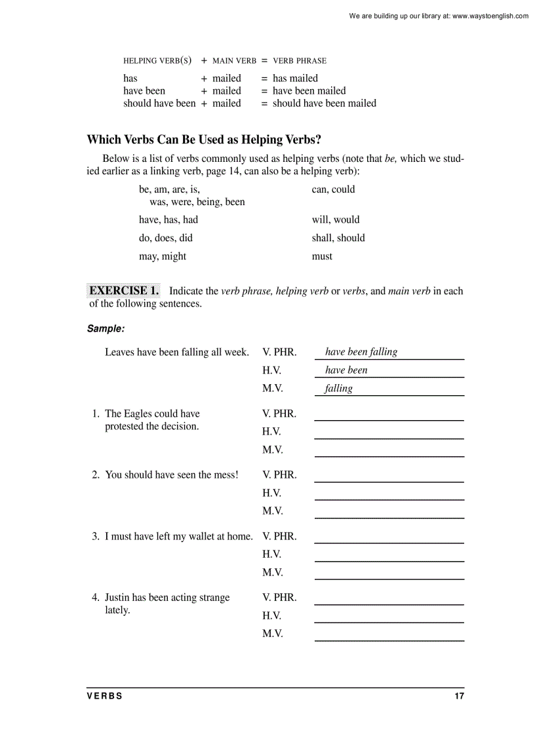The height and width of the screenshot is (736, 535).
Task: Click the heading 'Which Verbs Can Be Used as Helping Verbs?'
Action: click(x=204, y=140)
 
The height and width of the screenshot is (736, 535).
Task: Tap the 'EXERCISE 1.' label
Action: click(x=124, y=290)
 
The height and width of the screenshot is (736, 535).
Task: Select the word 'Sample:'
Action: click(x=106, y=328)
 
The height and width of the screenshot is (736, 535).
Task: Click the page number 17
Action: click(x=459, y=696)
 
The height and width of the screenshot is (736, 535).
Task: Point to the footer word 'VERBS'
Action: click(x=105, y=696)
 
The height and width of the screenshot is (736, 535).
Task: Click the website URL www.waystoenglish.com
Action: click(x=490, y=16)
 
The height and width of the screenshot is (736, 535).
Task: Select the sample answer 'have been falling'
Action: click(x=361, y=352)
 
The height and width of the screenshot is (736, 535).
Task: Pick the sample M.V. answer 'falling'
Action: click(x=339, y=389)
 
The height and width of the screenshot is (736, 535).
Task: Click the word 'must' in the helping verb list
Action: click(x=322, y=256)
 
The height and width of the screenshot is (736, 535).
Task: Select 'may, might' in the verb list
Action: click(x=163, y=256)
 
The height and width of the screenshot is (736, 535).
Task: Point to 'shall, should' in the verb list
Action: click(x=338, y=238)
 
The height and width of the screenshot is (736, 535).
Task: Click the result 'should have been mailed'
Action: click(x=325, y=103)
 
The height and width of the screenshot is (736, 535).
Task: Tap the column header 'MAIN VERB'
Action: click(x=234, y=61)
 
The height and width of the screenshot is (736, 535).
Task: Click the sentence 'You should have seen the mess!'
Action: click(x=172, y=475)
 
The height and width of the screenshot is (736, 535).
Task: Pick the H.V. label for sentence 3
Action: click(x=271, y=554)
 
